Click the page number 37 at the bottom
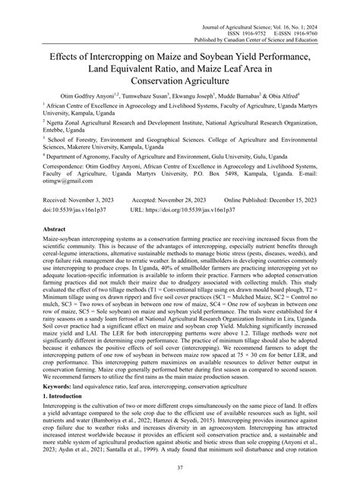click(x=180, y=468)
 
